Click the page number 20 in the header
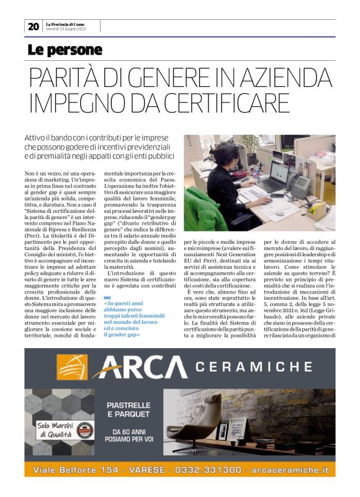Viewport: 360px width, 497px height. (33, 26)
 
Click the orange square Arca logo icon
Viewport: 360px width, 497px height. (72, 367)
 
